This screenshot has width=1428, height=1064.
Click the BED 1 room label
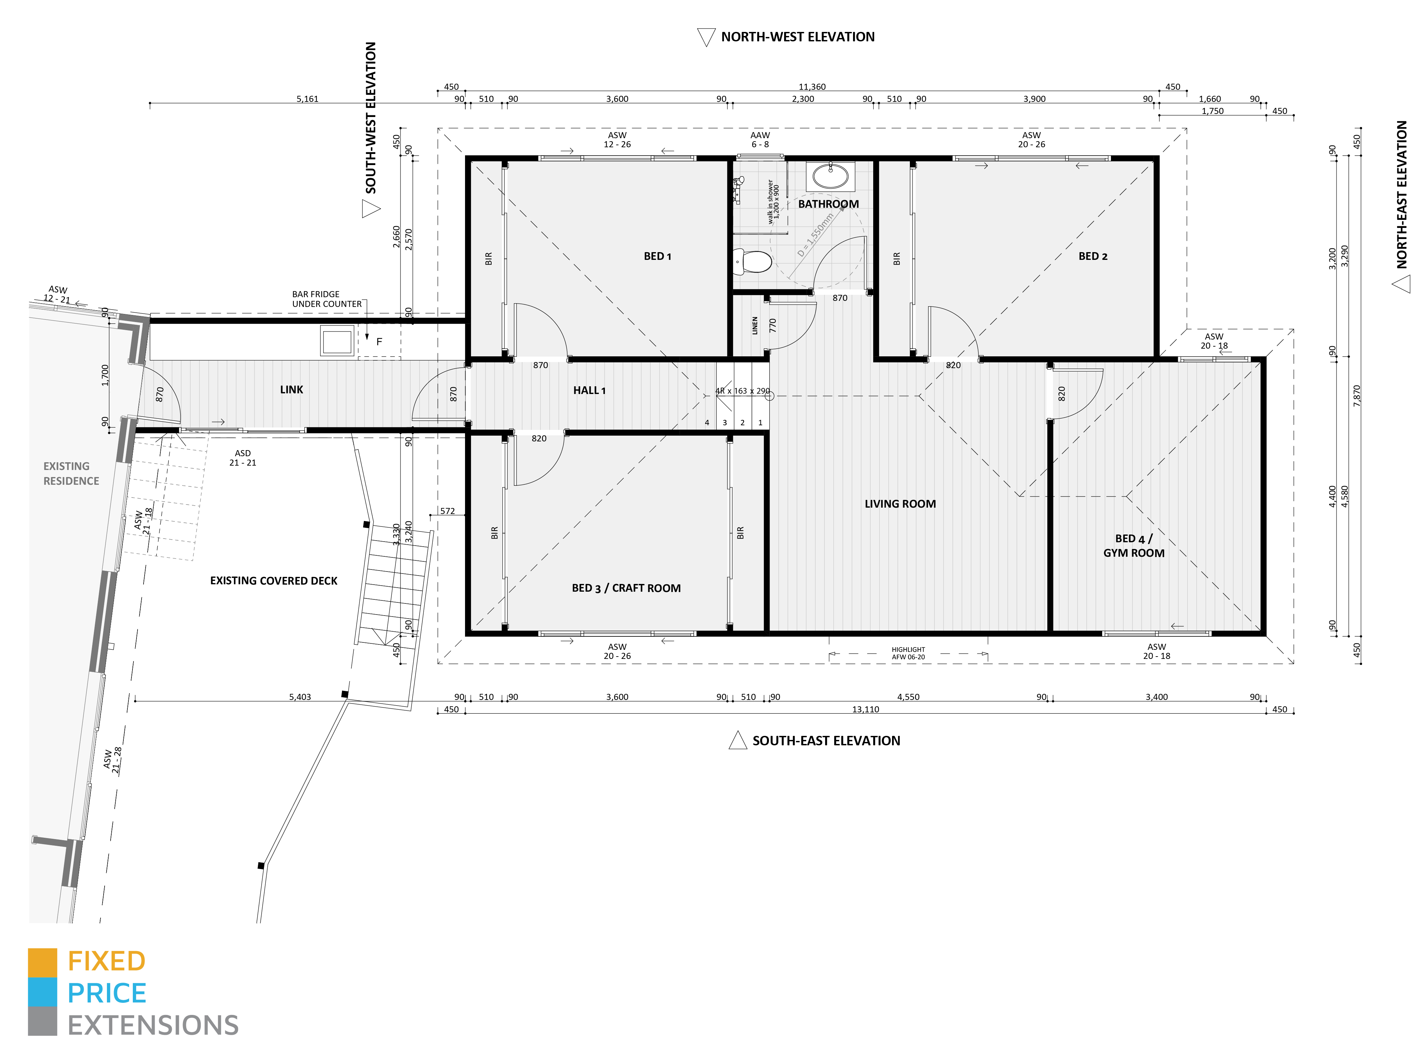point(657,257)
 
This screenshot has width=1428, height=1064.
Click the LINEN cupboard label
point(755,325)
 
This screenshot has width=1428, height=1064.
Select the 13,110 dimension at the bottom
point(865,709)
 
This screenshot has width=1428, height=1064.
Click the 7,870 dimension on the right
point(1356,395)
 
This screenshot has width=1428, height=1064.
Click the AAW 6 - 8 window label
point(760,140)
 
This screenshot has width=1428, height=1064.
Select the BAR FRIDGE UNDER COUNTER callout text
point(326,299)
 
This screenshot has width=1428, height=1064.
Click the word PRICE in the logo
point(107,993)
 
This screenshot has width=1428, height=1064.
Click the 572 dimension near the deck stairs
point(447,511)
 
